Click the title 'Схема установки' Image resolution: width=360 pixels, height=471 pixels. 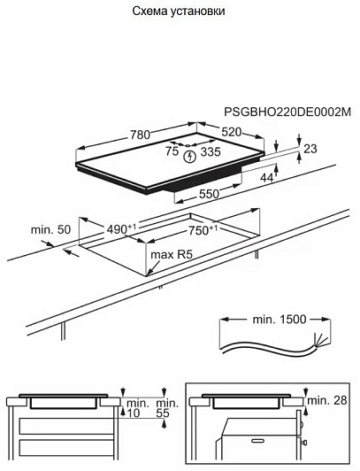[179, 12]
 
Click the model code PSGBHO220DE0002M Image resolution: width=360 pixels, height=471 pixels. [287, 112]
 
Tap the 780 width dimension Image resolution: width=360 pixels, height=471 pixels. [140, 135]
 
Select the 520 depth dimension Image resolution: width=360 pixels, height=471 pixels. [231, 132]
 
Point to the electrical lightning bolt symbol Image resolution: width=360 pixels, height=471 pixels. [189, 157]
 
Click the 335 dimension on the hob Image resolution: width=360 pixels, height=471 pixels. [211, 152]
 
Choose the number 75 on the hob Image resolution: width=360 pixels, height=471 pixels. [172, 151]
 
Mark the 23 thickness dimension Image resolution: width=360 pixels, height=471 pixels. [310, 149]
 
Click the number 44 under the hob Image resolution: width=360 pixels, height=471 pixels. [267, 178]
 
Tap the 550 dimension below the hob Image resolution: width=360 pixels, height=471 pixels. [209, 194]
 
